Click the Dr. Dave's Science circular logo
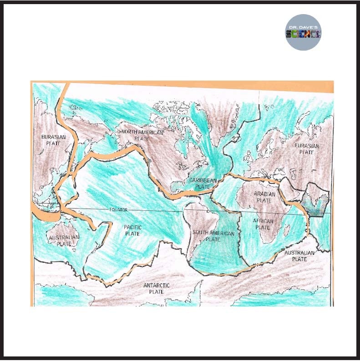point(303,32)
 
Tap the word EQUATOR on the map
point(120,210)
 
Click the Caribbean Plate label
point(203,183)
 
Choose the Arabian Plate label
point(264,197)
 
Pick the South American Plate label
point(213,236)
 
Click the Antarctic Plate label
point(156,288)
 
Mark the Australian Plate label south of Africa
point(299,255)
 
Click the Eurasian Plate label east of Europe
point(306,149)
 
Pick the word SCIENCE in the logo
point(303,34)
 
